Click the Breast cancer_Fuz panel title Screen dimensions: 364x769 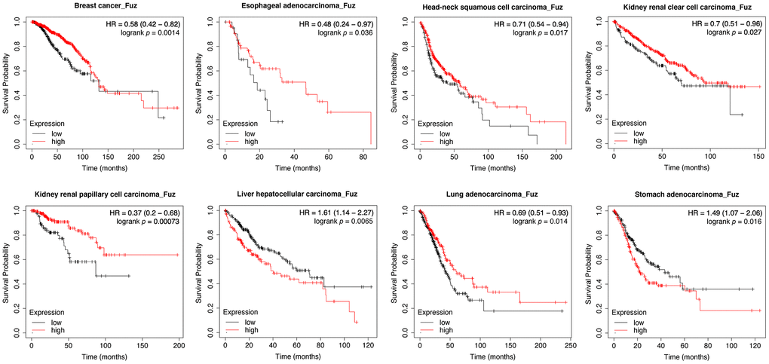tap(105, 7)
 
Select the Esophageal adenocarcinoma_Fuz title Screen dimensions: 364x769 tap(299, 7)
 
